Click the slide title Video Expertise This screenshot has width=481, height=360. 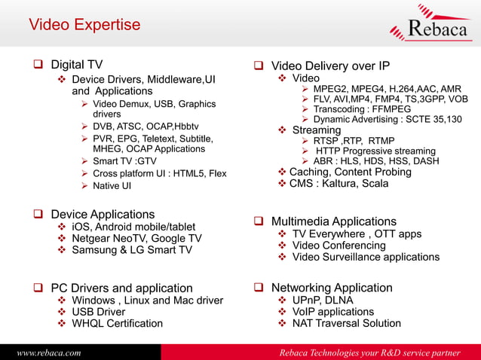(x=84, y=25)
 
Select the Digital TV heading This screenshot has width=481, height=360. (x=76, y=65)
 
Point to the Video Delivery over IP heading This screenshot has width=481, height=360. (x=341, y=65)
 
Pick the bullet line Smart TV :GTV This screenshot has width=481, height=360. (x=124, y=161)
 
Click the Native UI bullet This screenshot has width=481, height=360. (x=112, y=186)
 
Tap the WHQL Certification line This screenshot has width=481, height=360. (x=117, y=323)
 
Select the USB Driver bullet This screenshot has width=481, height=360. (x=98, y=311)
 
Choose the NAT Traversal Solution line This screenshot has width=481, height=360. (x=346, y=323)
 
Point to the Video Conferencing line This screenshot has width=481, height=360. (x=339, y=245)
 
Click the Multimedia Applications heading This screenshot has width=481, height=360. (x=333, y=221)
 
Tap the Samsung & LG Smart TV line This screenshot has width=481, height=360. (x=132, y=250)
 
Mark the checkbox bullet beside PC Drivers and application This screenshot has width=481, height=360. (x=37, y=288)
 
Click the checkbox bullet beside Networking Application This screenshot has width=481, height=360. (x=258, y=288)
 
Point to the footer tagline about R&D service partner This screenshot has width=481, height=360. (x=369, y=352)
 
